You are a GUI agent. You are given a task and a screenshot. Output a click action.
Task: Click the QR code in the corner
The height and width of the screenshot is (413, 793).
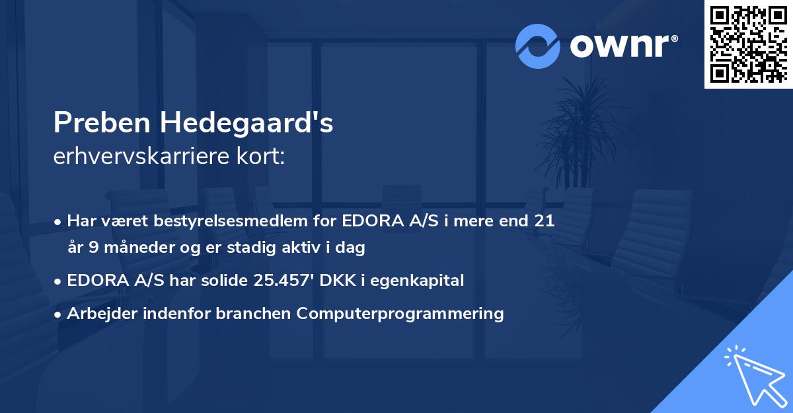tap(748, 44)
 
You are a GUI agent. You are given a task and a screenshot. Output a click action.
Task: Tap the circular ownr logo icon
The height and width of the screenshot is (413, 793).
tap(538, 46)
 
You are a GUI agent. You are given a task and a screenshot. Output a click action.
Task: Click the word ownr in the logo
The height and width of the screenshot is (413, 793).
tap(623, 46)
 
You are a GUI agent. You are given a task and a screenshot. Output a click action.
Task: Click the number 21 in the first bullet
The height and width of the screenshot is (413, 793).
tap(543, 221)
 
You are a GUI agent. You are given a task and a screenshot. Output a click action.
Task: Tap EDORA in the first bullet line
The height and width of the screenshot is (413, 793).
tap(369, 221)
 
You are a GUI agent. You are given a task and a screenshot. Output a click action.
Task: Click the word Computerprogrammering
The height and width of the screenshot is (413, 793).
tap(400, 313)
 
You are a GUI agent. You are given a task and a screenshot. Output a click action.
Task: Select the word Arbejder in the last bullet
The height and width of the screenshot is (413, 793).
tap(94, 313)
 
